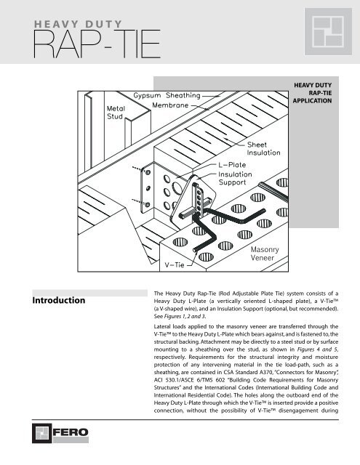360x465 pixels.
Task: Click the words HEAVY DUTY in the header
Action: (x=78, y=24)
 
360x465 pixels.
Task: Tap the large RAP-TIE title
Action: (x=97, y=44)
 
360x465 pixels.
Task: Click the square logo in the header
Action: (x=328, y=31)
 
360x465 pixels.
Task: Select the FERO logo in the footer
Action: (x=60, y=433)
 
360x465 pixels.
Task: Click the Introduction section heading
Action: (x=59, y=300)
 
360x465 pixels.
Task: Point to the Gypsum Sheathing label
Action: (x=167, y=95)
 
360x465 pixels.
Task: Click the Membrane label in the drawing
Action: (x=170, y=105)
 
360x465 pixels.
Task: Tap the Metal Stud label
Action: (x=116, y=113)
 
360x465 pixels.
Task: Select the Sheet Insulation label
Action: (x=263, y=148)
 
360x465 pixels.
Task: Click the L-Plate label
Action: (x=232, y=165)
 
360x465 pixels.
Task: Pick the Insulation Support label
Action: (x=235, y=178)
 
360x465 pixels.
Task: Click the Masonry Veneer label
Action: (x=265, y=254)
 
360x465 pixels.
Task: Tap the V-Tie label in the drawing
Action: (x=175, y=264)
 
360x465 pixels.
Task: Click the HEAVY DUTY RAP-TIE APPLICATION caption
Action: (x=312, y=93)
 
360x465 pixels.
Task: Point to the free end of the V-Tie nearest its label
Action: (x=195, y=250)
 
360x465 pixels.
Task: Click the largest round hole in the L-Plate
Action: (x=177, y=188)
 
